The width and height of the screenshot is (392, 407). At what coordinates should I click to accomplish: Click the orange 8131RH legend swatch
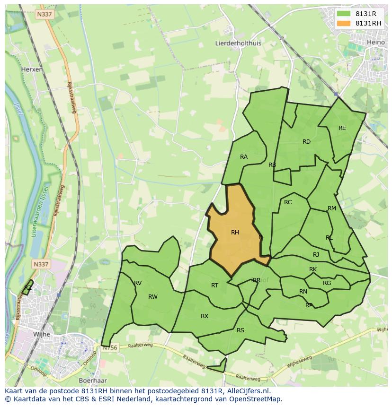pos(345,23)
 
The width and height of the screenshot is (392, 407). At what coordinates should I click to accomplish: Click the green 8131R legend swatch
pos(345,14)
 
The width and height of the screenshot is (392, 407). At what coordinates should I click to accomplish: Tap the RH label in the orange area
pos(235,232)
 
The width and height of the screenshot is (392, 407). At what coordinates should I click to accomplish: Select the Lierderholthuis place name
pos(238,43)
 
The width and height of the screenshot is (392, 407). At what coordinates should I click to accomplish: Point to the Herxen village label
pos(32,69)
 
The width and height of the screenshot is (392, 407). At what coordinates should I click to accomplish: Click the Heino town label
pos(376,43)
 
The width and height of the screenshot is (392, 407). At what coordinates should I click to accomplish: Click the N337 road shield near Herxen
pos(44,15)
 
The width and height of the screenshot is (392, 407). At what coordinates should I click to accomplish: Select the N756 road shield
pos(109,348)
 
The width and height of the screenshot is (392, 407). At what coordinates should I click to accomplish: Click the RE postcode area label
pos(342,128)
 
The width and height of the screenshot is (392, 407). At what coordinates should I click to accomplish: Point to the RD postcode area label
pos(306,142)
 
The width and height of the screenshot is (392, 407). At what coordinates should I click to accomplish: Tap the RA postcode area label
pos(244,157)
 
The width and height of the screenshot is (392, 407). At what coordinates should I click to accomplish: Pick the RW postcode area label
pos(152,297)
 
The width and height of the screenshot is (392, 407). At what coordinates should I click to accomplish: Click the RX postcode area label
pos(205,316)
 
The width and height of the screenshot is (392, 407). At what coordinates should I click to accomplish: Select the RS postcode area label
pos(241,330)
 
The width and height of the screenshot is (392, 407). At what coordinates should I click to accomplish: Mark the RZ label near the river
pos(28,287)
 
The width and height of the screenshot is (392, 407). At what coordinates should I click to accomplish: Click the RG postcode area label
pos(327,283)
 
